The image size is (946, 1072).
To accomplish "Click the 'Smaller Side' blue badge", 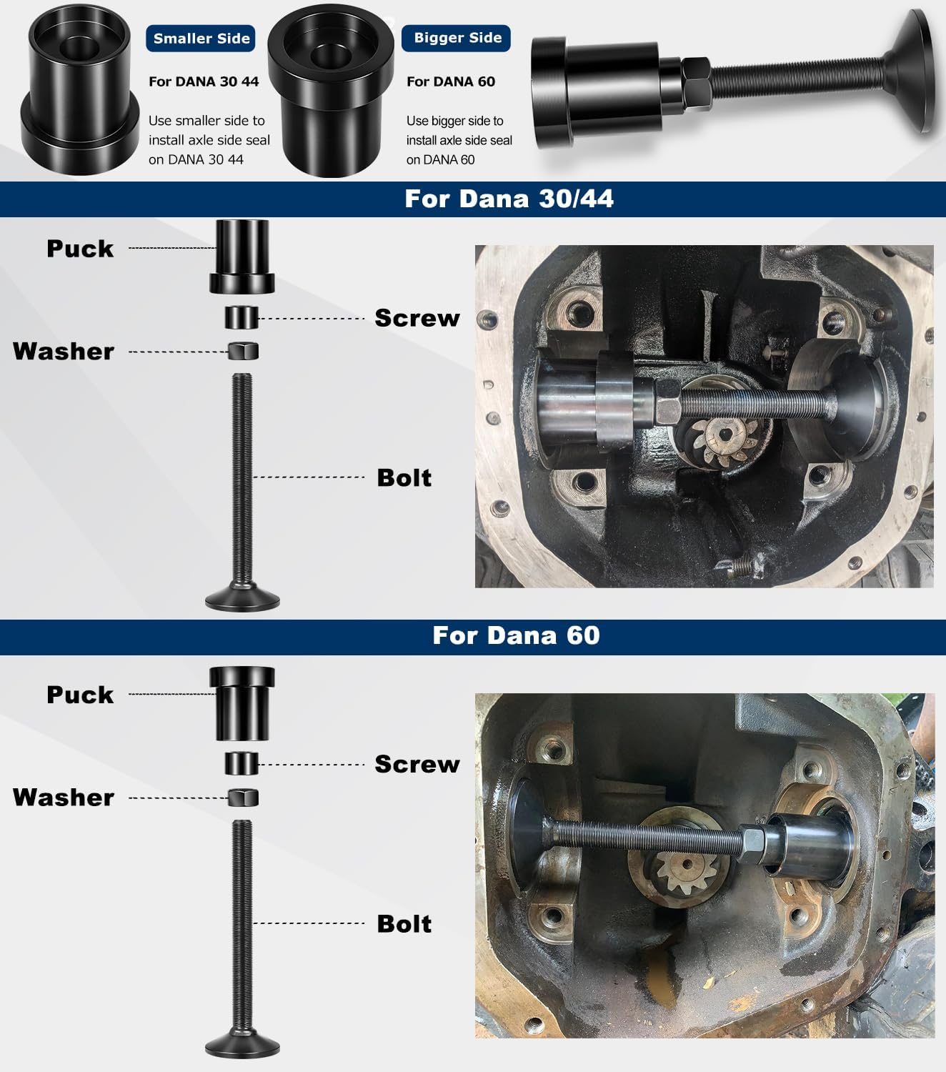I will [x=201, y=39].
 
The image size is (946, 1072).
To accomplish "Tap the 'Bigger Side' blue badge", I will [x=457, y=38].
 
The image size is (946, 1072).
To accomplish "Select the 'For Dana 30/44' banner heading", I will [x=509, y=199].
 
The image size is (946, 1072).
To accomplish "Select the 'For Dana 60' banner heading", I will [x=516, y=635].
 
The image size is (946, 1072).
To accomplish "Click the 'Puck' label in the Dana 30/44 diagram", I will [x=80, y=249].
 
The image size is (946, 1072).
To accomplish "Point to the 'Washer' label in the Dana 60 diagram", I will [x=64, y=798].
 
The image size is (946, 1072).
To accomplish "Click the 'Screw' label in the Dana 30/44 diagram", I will [x=417, y=318].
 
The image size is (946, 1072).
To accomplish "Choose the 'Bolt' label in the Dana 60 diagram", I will [x=404, y=923].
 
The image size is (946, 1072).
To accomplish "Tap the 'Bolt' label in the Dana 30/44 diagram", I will [x=404, y=477].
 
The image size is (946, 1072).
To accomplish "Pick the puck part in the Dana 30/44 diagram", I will [x=242, y=256].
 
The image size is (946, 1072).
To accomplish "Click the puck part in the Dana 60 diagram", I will [x=242, y=703].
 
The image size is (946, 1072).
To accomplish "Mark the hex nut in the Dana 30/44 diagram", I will [x=243, y=351].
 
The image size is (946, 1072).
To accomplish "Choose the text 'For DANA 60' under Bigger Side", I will [x=451, y=81].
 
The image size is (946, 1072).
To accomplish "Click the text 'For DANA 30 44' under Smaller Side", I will [x=204, y=81].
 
